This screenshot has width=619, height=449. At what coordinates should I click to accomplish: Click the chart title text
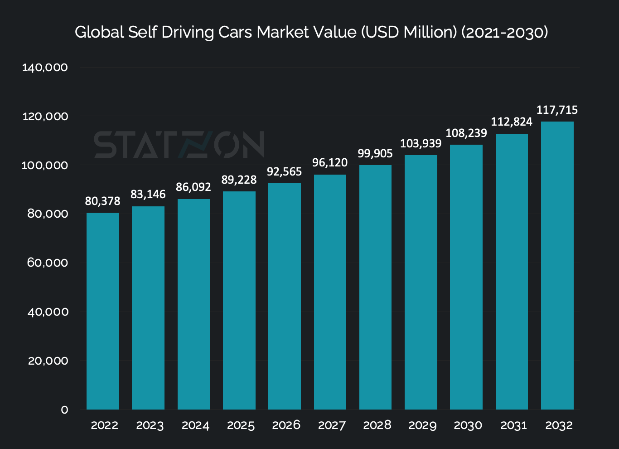click(311, 33)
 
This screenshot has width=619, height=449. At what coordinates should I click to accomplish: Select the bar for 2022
click(103, 311)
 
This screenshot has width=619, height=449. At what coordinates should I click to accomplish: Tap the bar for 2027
click(330, 292)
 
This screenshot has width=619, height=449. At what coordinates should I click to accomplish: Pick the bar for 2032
click(557, 265)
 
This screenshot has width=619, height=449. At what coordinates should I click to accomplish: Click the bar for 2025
click(239, 300)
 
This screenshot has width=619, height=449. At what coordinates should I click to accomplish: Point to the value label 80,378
click(103, 201)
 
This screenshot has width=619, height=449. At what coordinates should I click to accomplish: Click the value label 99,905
click(375, 153)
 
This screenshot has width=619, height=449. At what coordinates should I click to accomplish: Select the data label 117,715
click(557, 110)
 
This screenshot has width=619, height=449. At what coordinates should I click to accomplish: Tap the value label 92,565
click(285, 172)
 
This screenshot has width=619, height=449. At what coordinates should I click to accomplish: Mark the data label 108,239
click(466, 133)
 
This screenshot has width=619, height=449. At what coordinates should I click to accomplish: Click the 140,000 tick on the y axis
click(45, 68)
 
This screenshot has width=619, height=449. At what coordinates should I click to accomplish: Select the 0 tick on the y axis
click(64, 410)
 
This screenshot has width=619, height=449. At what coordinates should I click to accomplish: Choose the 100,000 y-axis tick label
click(45, 165)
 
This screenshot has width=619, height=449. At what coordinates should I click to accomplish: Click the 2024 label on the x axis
click(195, 425)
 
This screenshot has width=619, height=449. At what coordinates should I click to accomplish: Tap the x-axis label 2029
click(422, 425)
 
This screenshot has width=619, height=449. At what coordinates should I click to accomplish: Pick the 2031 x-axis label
click(513, 425)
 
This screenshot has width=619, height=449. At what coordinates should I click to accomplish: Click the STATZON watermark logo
click(179, 145)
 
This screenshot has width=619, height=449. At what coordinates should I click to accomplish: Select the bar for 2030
click(466, 277)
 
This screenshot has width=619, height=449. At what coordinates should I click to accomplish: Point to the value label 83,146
click(148, 195)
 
